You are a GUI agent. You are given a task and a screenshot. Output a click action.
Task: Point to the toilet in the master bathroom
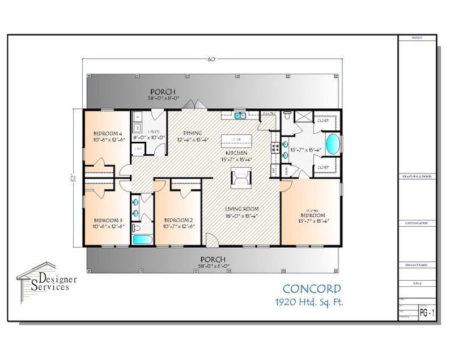288,116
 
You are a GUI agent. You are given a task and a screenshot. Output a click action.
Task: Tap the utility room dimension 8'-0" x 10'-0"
148,137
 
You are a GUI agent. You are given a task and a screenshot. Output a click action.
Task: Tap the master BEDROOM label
313,216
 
